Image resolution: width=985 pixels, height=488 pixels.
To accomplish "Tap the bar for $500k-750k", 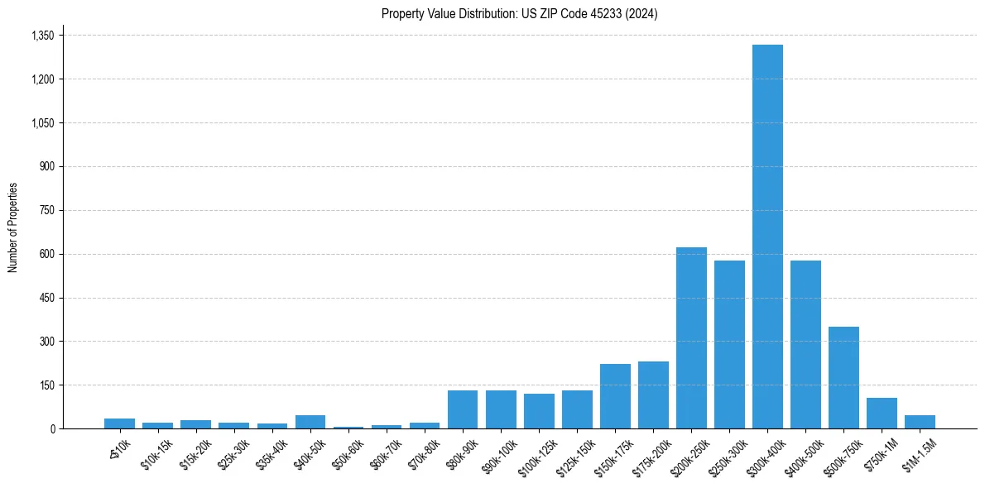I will tap(843, 377).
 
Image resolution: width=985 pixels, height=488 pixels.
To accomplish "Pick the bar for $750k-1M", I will tap(882, 413).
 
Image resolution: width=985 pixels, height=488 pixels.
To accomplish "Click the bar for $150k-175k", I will tap(615, 396).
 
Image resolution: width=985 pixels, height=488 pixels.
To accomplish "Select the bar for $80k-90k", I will tap(463, 409).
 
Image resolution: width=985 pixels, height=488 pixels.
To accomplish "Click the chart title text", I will tap(519, 14).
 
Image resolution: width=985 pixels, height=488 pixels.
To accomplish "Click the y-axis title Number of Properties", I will tap(12, 227).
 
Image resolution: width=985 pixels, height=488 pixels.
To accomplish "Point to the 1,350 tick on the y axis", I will tap(42, 36).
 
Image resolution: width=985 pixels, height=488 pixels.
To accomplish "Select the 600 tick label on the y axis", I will tap(46, 254).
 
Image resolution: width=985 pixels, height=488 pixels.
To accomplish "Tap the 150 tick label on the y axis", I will tap(46, 385).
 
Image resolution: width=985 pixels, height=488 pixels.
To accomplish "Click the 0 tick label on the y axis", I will tap(51, 428).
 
